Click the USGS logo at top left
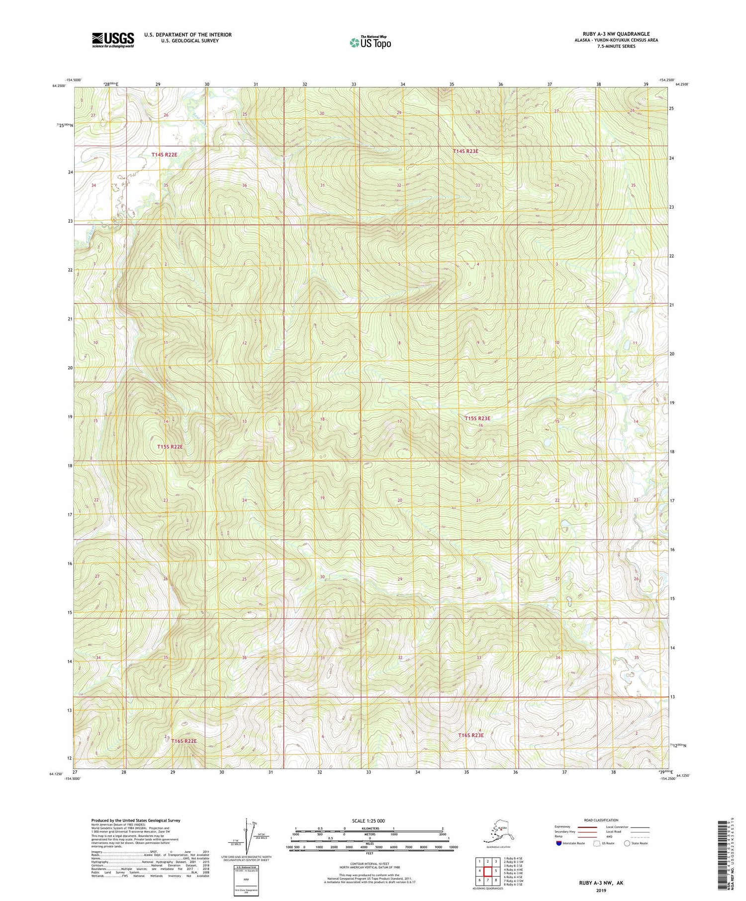pyautogui.click(x=113, y=40)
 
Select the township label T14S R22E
pyautogui.click(x=164, y=155)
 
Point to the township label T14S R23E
pyautogui.click(x=465, y=151)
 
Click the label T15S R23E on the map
pyautogui.click(x=477, y=418)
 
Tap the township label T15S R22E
pyautogui.click(x=170, y=447)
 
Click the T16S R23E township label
pyautogui.click(x=470, y=735)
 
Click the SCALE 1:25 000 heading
pyautogui.click(x=369, y=820)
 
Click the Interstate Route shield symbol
pyautogui.click(x=559, y=843)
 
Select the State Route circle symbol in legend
pyautogui.click(x=627, y=843)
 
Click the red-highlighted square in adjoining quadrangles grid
pyautogui.click(x=487, y=871)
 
